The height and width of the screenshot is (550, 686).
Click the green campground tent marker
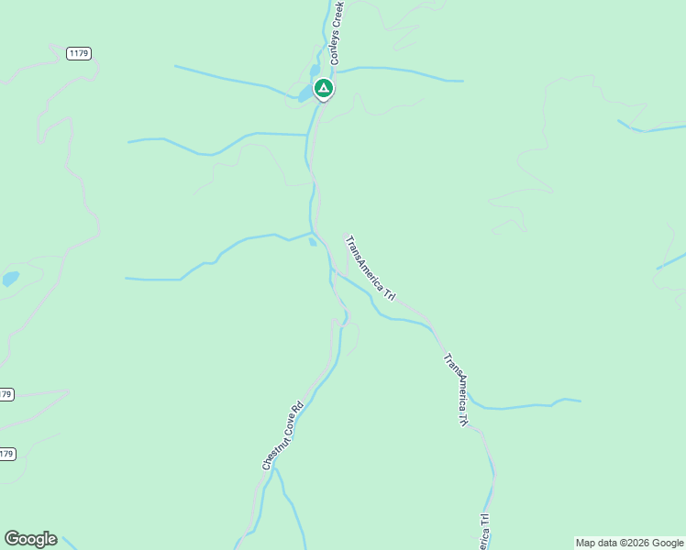click(x=323, y=89)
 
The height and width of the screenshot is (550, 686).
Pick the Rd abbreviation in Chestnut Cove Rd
click(x=298, y=405)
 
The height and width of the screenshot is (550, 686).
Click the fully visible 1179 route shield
click(x=79, y=54)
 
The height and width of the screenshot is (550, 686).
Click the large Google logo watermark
click(x=30, y=539)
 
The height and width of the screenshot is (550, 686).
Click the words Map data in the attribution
click(x=594, y=543)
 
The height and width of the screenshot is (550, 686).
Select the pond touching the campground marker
click(x=305, y=93)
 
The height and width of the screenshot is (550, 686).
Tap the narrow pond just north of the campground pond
click(x=315, y=71)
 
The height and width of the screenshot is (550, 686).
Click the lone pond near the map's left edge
click(x=10, y=279)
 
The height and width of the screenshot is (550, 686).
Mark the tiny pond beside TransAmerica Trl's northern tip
click(x=314, y=242)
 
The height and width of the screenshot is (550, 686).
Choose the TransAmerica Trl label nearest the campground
click(x=371, y=269)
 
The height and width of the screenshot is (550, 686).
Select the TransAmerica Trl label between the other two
click(x=457, y=390)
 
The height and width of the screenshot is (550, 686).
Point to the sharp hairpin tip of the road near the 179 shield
click(x=68, y=391)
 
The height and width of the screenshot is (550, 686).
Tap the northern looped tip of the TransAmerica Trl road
click(x=346, y=234)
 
